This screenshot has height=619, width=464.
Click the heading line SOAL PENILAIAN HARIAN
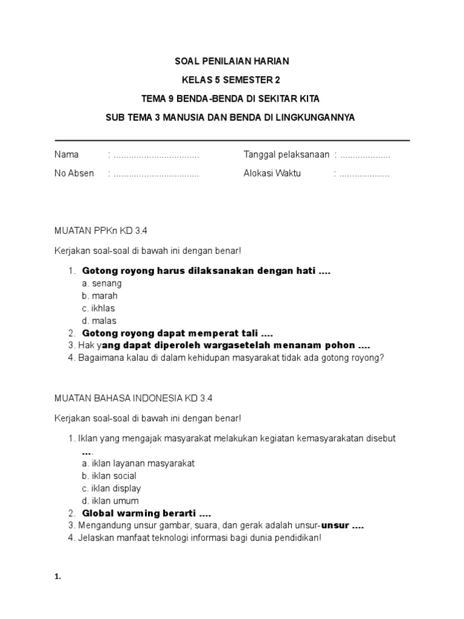tap(231, 61)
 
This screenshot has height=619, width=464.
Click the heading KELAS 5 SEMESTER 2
tap(231, 80)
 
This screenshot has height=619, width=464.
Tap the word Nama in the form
tap(66, 155)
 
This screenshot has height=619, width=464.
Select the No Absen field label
tap(74, 173)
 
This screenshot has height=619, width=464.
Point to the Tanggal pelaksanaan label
tap(286, 155)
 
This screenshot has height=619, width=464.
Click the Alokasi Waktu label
tap(272, 173)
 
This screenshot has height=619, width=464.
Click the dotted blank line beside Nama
tap(156, 155)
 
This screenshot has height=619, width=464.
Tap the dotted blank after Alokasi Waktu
tap(364, 174)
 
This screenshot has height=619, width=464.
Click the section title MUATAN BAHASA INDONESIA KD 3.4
tap(134, 398)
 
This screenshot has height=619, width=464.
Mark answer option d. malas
tap(99, 321)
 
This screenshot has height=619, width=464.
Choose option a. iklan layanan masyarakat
tap(138, 463)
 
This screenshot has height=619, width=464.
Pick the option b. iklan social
tap(109, 476)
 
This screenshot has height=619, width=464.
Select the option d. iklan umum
tap(110, 501)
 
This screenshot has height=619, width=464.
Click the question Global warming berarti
tap(146, 513)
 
